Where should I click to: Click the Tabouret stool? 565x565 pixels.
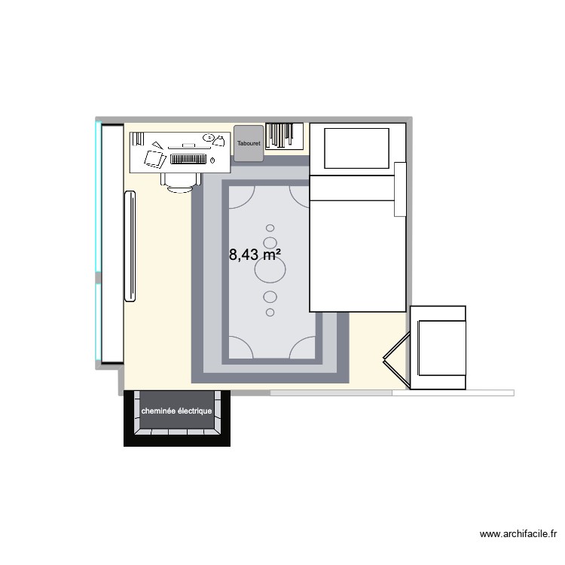[248, 143]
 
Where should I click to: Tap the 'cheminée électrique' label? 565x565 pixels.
[177, 411]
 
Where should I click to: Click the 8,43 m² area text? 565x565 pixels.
[255, 255]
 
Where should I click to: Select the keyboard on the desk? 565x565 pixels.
[188, 159]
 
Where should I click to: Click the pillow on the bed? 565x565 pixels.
[356, 148]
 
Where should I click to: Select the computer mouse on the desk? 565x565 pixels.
[212, 160]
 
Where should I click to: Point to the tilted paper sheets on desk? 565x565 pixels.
[154, 158]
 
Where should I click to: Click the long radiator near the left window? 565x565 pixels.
[130, 246]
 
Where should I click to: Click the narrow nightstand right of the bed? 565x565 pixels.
[400, 188]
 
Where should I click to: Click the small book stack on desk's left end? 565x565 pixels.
[139, 140]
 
